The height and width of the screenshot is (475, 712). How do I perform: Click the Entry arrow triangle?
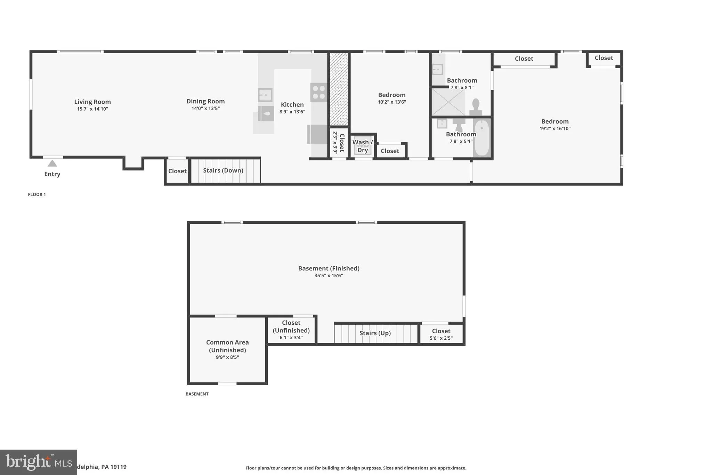(x=52, y=163)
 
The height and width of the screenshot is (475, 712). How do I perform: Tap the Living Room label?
(x=92, y=102)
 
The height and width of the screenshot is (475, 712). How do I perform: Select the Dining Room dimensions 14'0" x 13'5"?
(x=205, y=109)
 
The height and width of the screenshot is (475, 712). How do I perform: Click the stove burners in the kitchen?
(x=319, y=92)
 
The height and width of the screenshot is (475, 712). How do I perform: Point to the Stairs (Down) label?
(x=223, y=170)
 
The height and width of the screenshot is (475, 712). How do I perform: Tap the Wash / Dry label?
(x=363, y=146)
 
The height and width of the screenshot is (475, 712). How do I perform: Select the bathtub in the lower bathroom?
(x=482, y=138)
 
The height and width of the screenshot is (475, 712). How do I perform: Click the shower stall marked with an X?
(x=448, y=102)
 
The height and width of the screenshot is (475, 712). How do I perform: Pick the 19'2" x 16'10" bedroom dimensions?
(x=555, y=128)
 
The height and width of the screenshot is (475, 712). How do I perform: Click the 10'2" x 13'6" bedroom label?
(x=392, y=95)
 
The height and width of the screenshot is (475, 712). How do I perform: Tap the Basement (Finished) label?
(x=329, y=268)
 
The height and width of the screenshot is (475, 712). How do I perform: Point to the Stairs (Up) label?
(x=375, y=333)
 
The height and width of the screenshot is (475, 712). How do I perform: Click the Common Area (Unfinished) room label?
(x=227, y=346)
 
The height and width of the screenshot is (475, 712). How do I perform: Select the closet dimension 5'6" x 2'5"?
(x=441, y=338)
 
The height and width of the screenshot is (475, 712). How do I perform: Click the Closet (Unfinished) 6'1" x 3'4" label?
(x=291, y=330)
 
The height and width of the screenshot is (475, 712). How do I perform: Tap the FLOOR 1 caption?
(x=37, y=195)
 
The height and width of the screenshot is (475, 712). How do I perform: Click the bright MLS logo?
(x=38, y=462)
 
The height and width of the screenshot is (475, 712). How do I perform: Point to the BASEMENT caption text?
(x=197, y=394)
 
